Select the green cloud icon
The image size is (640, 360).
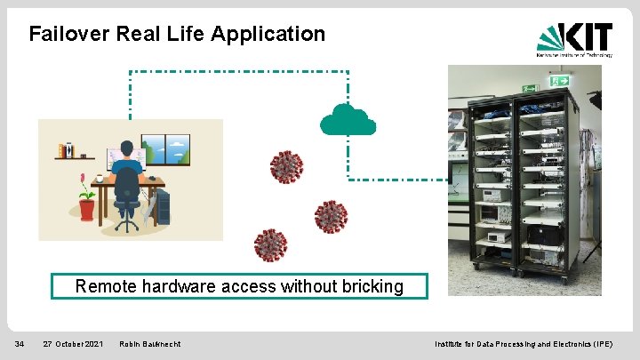348,119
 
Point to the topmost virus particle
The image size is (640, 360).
286,167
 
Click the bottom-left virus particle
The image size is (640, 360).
270,244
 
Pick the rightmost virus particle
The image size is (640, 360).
331,216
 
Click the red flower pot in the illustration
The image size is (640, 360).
86,209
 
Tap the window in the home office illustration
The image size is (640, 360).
165,150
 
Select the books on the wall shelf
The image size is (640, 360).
64,150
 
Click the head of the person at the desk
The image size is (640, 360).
127,148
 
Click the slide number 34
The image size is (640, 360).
20,343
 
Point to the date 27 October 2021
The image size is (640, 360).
73,343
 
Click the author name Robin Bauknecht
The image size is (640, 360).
150,343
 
